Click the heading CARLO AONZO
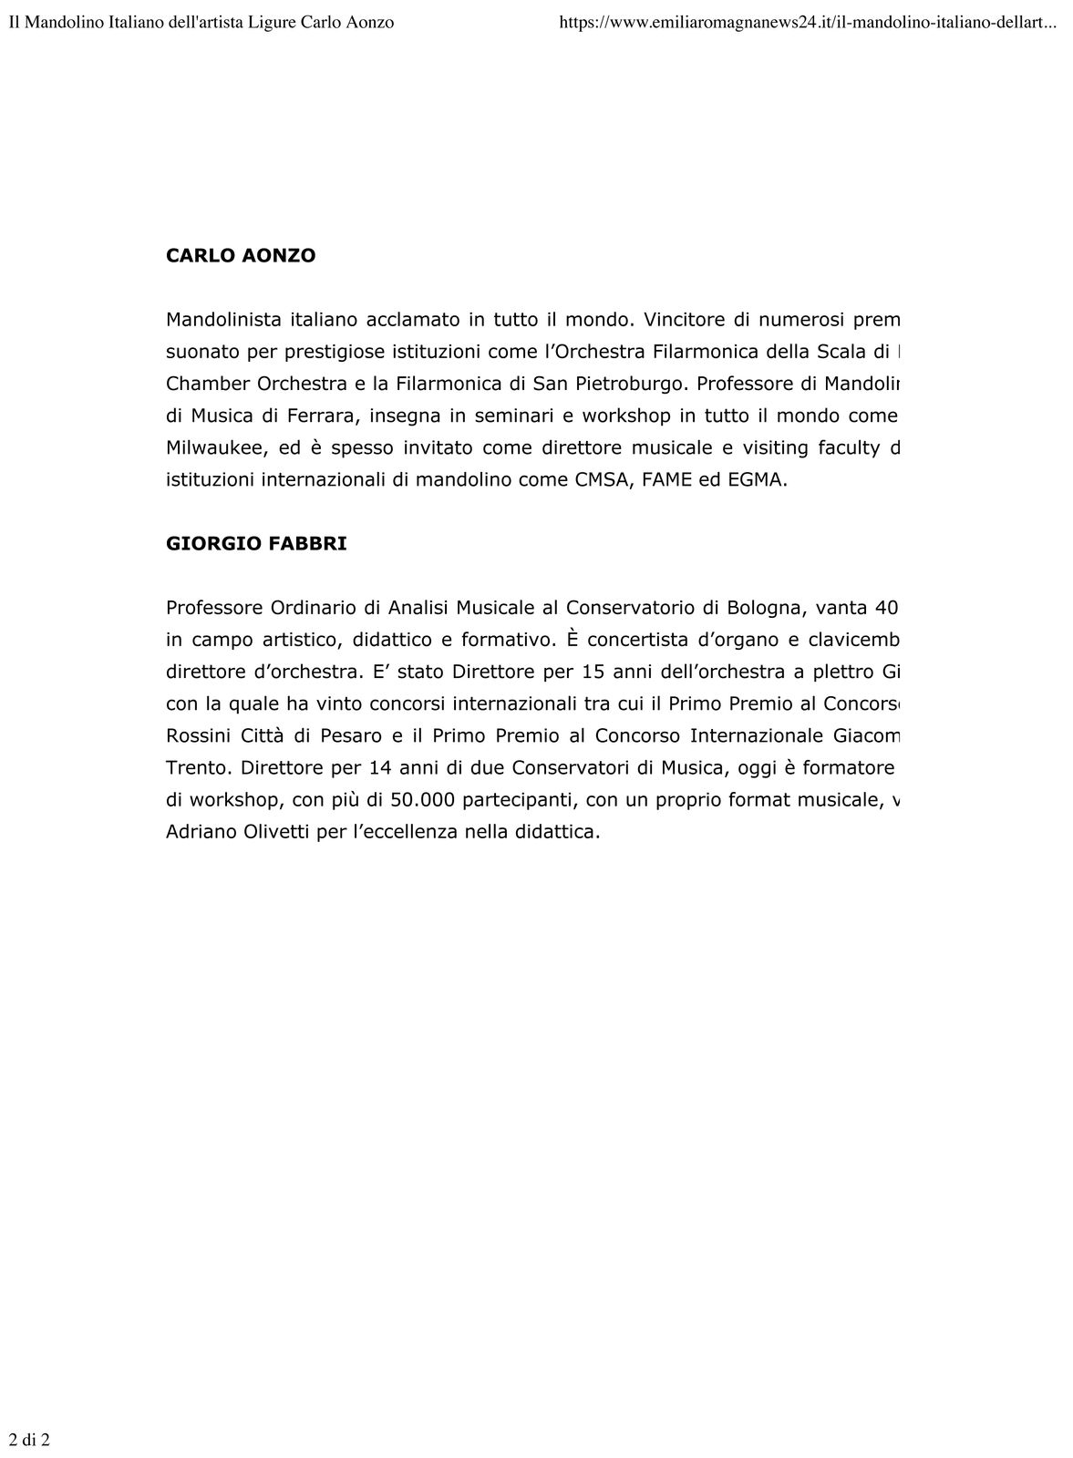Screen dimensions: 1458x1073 point(241,256)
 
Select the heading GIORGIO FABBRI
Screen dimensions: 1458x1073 point(256,544)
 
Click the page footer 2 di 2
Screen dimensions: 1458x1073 point(29,1441)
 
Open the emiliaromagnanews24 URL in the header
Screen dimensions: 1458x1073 point(808,22)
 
